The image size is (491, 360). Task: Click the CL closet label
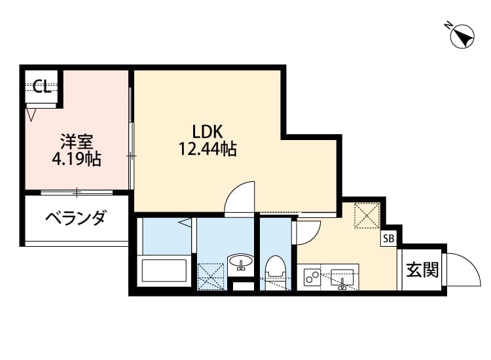click(43, 87)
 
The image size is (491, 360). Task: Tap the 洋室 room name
click(77, 141)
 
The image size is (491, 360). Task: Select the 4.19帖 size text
click(77, 159)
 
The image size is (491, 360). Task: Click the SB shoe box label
click(389, 239)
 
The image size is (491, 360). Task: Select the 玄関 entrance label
click(422, 270)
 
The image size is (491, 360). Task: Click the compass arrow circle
click(464, 37)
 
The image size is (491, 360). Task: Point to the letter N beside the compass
click(448, 25)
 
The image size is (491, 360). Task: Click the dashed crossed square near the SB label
click(367, 216)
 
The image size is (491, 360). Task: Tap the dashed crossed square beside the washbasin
click(210, 275)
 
